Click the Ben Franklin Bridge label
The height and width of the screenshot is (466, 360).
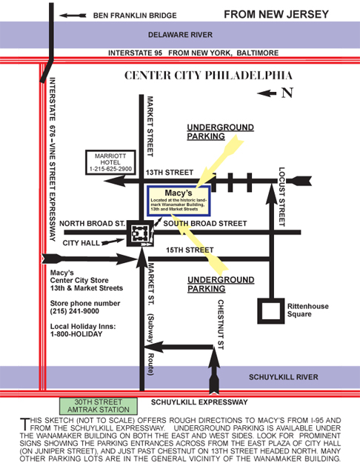(x=135, y=16)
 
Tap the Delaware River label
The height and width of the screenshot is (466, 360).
(x=180, y=35)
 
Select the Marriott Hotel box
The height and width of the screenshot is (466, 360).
(x=110, y=162)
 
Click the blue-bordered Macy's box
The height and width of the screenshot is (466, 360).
(x=179, y=201)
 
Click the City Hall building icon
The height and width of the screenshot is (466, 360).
(x=140, y=233)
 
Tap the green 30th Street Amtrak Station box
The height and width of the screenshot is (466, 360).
(x=99, y=406)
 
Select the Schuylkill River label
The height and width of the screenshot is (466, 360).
(x=284, y=377)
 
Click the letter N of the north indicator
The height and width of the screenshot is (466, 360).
(x=287, y=93)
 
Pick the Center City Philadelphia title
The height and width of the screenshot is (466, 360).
(x=208, y=75)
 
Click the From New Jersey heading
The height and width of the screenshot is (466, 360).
(x=276, y=14)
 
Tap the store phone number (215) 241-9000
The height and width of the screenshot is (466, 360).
(x=75, y=311)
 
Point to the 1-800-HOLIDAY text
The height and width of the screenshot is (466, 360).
(x=76, y=334)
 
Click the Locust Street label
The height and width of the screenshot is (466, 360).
(x=282, y=197)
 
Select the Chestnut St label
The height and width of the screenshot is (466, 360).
(x=221, y=324)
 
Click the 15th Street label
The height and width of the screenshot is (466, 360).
(x=190, y=250)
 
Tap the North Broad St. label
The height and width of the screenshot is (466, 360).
(x=92, y=224)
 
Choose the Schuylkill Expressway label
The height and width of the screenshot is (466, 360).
(x=199, y=402)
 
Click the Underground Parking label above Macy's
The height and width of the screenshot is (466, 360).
(x=221, y=132)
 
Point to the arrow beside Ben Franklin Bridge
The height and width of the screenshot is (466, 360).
(x=73, y=16)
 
